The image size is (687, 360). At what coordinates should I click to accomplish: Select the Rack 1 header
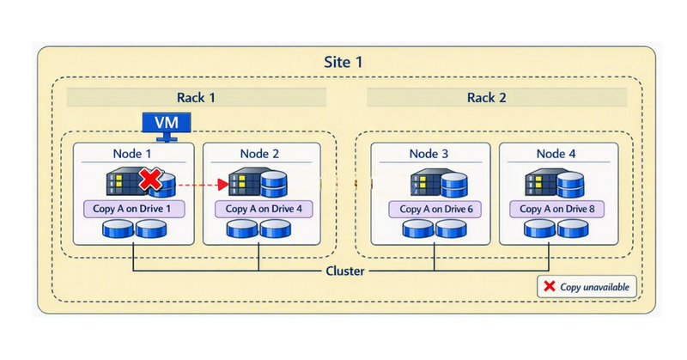coord(197,97)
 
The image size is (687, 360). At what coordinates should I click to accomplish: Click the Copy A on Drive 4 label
coord(262,209)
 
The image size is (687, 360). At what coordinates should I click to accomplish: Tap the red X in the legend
coord(548,287)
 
